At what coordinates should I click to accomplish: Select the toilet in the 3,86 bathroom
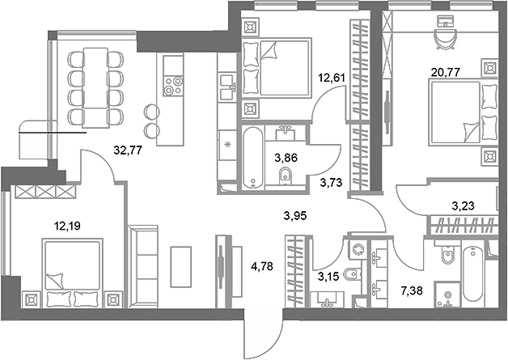click(x=284, y=176)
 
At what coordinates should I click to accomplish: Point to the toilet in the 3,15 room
click(x=348, y=275)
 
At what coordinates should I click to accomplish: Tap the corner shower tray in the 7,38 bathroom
click(x=446, y=296)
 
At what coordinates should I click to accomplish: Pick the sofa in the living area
click(x=145, y=267)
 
